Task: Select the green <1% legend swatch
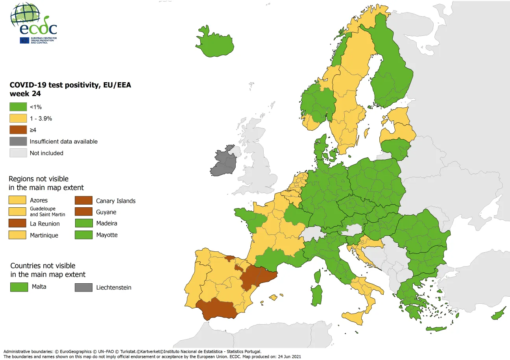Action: coord(18,107)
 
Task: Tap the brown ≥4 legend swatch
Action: coord(18,130)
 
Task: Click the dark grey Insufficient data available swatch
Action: coord(18,141)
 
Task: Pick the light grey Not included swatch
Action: coord(18,153)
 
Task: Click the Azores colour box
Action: coord(18,200)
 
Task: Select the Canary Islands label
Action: coord(116,201)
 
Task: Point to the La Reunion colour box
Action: coord(18,223)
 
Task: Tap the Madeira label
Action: coord(107,223)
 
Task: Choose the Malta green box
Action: coord(19,287)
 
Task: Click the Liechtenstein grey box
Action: coord(83,288)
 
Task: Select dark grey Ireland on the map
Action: coord(224,162)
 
